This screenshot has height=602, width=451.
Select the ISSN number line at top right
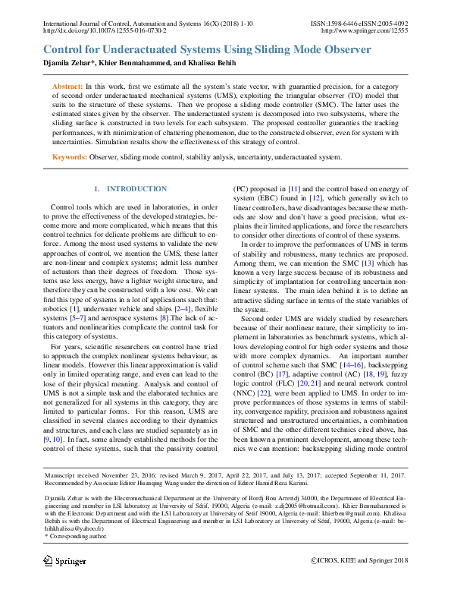point(359,24)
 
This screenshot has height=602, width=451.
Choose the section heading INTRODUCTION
point(136,188)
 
